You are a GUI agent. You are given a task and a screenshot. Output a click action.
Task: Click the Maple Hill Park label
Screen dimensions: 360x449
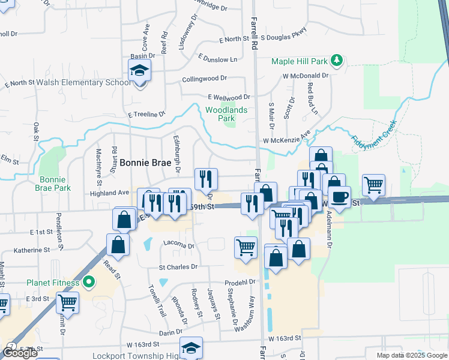coord(300,61)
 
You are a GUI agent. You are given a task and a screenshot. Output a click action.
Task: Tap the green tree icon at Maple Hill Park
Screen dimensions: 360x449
coord(337,61)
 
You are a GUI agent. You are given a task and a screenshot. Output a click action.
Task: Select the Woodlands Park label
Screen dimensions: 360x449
coord(226,114)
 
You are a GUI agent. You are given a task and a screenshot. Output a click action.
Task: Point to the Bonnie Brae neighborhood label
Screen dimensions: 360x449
coord(146,162)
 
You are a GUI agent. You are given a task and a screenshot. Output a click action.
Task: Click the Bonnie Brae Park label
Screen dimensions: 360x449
coord(55,184)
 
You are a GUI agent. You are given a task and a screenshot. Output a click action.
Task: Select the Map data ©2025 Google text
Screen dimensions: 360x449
coord(411,355)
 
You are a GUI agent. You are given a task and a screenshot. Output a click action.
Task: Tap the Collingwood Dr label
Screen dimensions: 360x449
coord(204,78)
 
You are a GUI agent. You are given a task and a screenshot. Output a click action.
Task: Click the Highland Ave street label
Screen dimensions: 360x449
coord(110,193)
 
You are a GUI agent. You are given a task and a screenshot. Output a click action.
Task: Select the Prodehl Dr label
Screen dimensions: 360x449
coord(240,281)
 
